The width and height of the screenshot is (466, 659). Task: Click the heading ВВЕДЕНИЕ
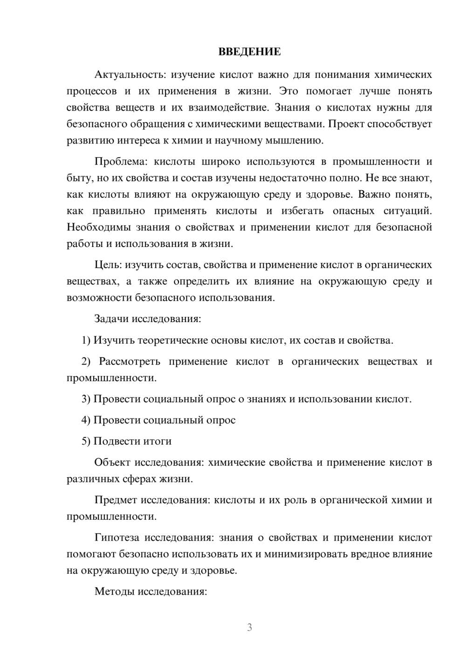[249, 52]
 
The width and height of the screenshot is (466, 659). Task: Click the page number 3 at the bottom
[249, 627]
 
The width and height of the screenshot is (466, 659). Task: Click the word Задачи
[112, 319]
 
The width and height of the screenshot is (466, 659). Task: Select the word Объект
[112, 462]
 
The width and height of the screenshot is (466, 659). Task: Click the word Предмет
[116, 500]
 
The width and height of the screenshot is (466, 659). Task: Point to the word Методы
[112, 591]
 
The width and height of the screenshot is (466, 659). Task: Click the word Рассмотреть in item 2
[130, 362]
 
